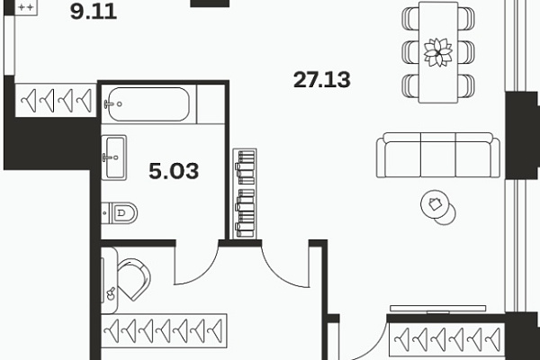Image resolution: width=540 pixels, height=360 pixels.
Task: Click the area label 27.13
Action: coord(322,79)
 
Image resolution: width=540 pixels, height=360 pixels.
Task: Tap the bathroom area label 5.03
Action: coord(174,171)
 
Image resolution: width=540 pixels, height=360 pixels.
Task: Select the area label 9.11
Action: coord(94,12)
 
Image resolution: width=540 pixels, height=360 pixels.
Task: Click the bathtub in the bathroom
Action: coord(148,104)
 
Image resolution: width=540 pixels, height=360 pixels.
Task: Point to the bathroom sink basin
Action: coord(114,157)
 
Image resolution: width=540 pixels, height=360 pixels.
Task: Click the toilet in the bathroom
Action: coord(120,212)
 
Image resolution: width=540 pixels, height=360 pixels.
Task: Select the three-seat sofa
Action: coord(438,155)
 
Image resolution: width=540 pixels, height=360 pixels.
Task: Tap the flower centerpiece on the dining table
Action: coord(438,52)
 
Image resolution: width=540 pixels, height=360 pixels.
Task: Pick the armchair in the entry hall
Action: coord(133,279)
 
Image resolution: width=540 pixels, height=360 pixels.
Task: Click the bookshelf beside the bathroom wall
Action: coord(245,193)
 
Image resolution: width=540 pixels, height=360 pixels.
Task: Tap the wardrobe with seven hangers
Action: coord(165,330)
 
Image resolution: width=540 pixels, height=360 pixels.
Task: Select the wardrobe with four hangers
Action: coord(56,100)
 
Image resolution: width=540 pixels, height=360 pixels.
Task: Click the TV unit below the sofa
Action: coord(438,309)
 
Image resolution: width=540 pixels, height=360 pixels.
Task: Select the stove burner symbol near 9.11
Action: coord(26,7)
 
